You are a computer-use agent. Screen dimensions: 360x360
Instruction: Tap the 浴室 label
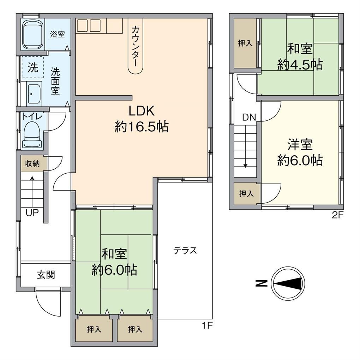tap(57, 35)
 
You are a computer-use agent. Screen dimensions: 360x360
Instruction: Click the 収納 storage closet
tap(32, 164)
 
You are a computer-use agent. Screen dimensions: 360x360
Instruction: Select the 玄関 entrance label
tap(46, 275)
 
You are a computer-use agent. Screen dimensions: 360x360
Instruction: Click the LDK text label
tap(141, 111)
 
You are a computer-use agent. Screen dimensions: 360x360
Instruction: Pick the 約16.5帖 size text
tap(141, 126)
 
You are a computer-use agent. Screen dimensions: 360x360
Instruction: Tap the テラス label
tap(185, 251)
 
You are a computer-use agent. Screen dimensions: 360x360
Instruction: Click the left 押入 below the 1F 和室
tap(94, 329)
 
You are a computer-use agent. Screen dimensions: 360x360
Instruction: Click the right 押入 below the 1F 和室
tap(135, 329)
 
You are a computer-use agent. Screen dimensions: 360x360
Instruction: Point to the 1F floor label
tap(207, 325)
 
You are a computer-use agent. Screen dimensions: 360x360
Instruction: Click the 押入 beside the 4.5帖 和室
tap(245, 43)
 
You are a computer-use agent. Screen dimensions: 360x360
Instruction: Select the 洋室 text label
tap(300, 145)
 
